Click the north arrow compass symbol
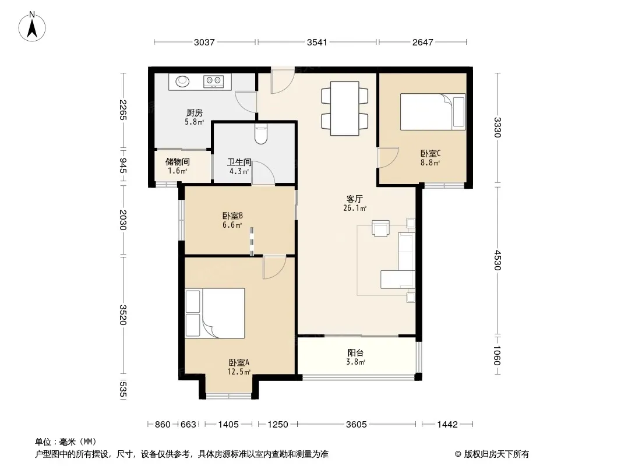pos(32,26)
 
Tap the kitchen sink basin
pos(182,81)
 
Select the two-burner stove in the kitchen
pos(213,81)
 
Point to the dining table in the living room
pos(344,108)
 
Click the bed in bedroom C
pos(433,112)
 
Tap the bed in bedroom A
pos(214,313)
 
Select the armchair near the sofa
pos(380,228)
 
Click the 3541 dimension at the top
pos(317,42)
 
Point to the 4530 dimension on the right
pos(497,260)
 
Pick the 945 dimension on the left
pos(123,165)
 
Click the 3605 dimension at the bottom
pos(356,425)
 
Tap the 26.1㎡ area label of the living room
pos(354,209)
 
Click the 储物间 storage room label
pos(178,161)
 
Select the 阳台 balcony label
pos(355,353)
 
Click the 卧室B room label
pos(232,216)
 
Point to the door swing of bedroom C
pos(388,157)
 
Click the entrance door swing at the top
pos(283,81)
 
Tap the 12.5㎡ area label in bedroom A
pos(238,372)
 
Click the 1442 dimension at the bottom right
pos(447,425)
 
